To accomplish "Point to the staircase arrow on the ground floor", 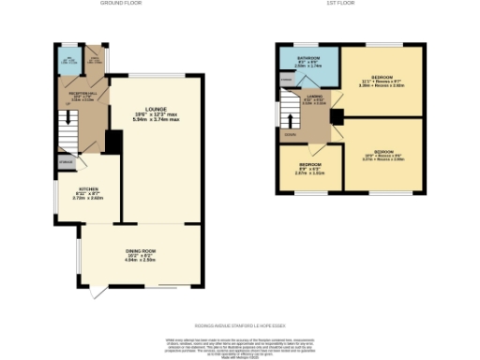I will tap(66, 122).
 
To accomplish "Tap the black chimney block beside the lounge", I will tap(113, 142).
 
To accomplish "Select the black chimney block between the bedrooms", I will tap(336, 117).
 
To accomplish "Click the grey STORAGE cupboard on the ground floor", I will tap(65, 163).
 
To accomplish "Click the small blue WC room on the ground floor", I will tap(67, 61).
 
